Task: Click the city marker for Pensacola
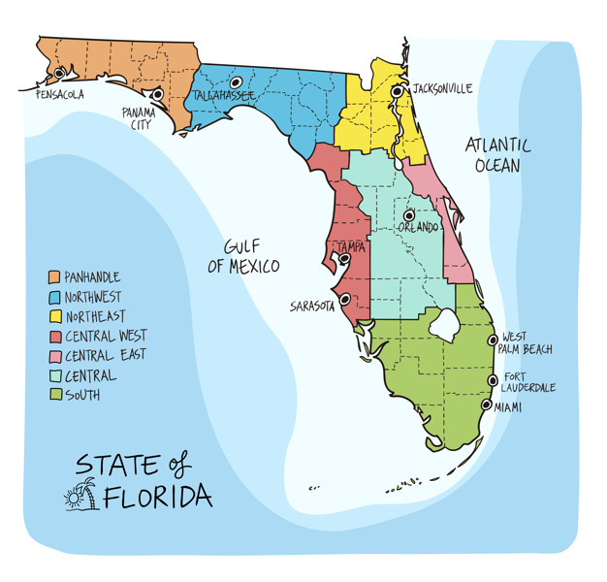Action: [59, 73]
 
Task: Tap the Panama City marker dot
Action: [158, 95]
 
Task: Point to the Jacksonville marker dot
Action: [398, 92]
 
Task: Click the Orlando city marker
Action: [409, 214]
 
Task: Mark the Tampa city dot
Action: [342, 258]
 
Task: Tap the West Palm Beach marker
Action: [493, 339]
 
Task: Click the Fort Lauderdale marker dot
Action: [494, 379]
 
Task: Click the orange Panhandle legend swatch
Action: [54, 278]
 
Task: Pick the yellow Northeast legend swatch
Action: [54, 316]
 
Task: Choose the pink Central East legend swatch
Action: [54, 355]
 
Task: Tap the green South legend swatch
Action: [54, 394]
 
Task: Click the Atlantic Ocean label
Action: [497, 155]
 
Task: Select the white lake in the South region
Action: [445, 324]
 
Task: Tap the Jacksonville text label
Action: [442, 88]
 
